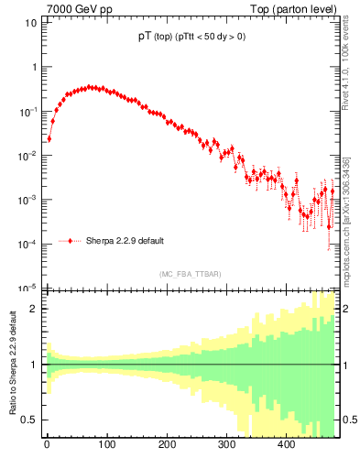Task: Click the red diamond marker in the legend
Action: (x=70, y=241)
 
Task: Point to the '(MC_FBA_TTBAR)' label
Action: (x=190, y=274)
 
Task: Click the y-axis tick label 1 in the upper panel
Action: (x=34, y=67)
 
